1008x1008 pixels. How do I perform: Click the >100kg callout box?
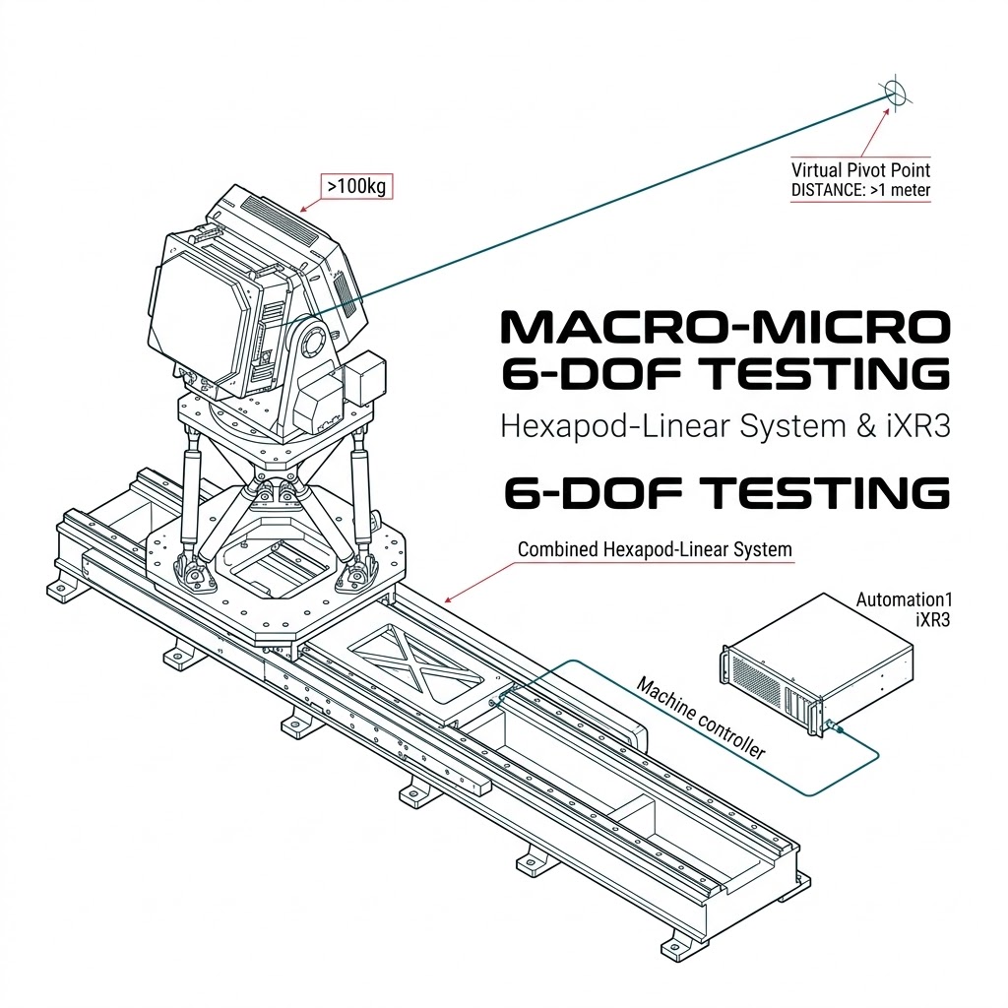(356, 186)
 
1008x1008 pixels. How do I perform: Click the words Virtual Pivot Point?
(860, 170)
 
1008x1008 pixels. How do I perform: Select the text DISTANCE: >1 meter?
(860, 190)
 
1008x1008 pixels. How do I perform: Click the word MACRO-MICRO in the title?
(725, 327)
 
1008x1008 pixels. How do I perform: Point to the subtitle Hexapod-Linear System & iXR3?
(725, 426)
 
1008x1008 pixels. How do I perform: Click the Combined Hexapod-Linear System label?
(655, 549)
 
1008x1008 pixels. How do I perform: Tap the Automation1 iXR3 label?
(904, 608)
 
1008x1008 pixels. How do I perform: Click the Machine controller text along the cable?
(701, 718)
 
